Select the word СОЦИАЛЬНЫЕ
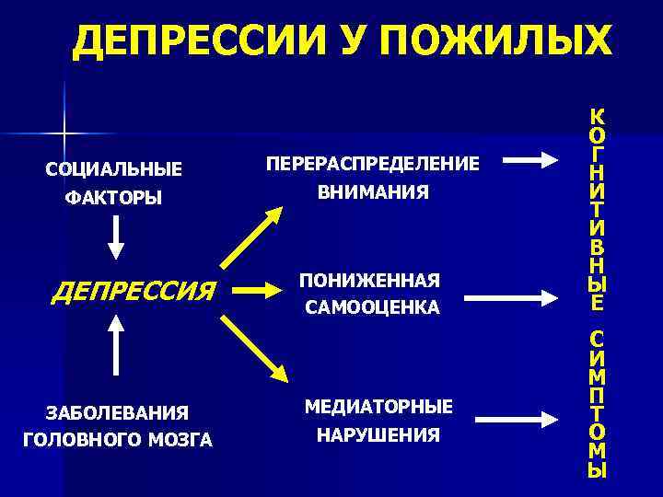tap(113, 169)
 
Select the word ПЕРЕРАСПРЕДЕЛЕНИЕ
tap(373, 163)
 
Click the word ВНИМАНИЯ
tap(373, 192)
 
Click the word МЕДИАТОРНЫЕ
tap(378, 406)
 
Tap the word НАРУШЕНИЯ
tap(378, 434)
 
